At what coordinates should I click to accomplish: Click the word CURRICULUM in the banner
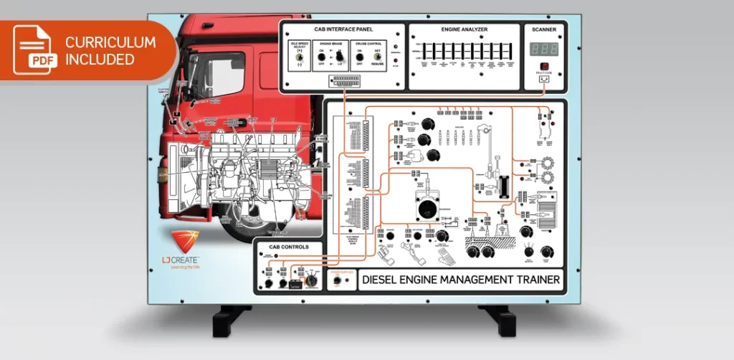(110, 42)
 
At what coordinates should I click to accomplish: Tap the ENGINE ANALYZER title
(464, 29)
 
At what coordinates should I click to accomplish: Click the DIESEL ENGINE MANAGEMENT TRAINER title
(461, 280)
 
